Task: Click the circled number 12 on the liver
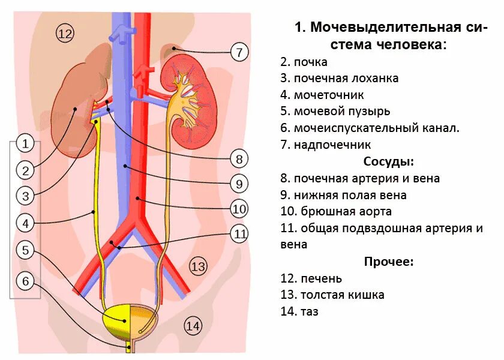pos(64,34)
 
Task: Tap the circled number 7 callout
pos(239,52)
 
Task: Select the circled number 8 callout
pos(239,159)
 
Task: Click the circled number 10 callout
pos(239,209)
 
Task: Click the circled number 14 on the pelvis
pos(192,326)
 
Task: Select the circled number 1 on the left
pos(25,143)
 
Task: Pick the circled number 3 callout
pos(25,196)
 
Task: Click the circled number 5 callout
pos(25,250)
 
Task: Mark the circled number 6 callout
pos(25,281)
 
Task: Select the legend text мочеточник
pos(329,95)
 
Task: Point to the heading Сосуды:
pos(389,161)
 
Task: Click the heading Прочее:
pos(389,262)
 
